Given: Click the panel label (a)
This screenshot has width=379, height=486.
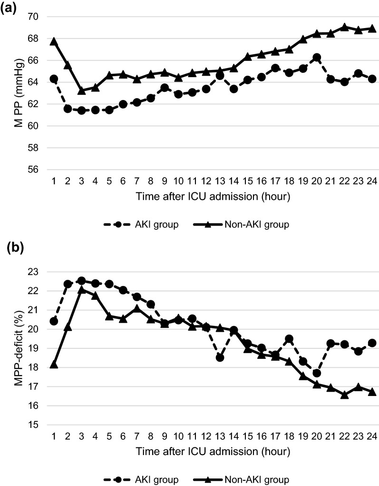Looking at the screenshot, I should [10, 9].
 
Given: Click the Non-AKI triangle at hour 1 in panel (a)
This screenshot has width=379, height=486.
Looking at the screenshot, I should [54, 41].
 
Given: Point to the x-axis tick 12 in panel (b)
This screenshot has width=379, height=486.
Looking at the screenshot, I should [205, 436].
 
